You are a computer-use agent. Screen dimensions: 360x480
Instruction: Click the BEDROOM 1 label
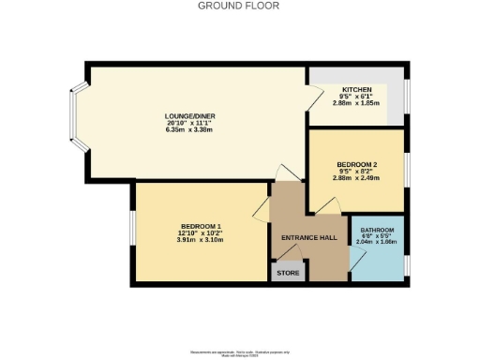tap(200, 226)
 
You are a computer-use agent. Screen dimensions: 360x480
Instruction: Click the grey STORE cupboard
tap(288, 273)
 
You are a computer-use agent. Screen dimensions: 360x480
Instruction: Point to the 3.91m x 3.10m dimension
tap(200, 241)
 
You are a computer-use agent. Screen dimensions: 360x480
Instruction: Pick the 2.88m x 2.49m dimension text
tap(357, 177)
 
